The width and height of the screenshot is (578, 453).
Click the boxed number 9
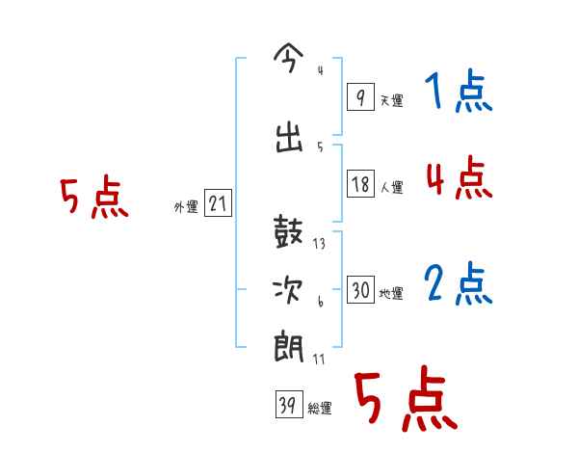pyautogui.click(x=359, y=97)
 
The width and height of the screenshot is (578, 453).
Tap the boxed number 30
pyautogui.click(x=360, y=291)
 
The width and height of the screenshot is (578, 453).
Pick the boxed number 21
pyautogui.click(x=218, y=204)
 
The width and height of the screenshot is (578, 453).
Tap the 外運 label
pyautogui.click(x=185, y=206)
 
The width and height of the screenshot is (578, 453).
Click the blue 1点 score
pyautogui.click(x=458, y=93)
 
